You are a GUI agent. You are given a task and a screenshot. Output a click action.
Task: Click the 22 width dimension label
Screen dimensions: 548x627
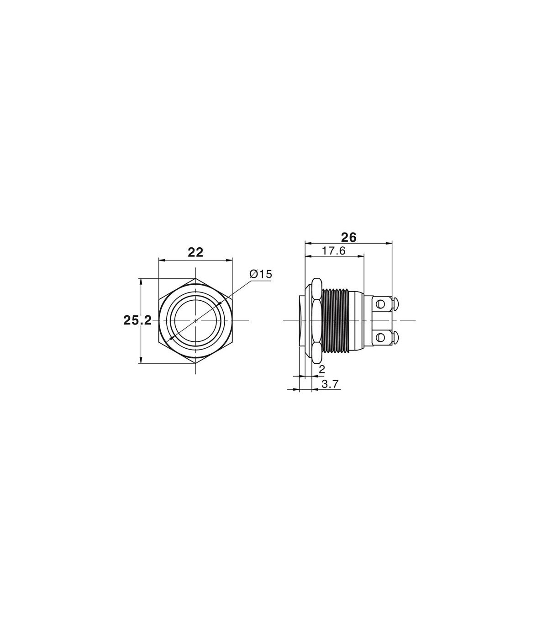(195, 253)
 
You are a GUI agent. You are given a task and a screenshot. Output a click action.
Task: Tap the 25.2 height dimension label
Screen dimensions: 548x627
(137, 320)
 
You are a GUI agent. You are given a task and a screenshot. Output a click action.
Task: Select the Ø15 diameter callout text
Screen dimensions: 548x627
(261, 274)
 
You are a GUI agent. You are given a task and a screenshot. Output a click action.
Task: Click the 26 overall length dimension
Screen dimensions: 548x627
(349, 237)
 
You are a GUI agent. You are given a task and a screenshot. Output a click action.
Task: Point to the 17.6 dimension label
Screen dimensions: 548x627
(333, 251)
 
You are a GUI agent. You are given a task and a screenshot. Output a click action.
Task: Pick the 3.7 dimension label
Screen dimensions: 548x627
(330, 384)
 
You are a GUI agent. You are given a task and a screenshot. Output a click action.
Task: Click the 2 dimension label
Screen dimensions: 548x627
(322, 369)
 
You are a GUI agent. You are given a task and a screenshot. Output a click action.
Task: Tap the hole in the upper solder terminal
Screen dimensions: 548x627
(381, 304)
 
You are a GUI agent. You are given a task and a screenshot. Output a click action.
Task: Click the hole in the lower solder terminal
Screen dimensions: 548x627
(381, 337)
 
